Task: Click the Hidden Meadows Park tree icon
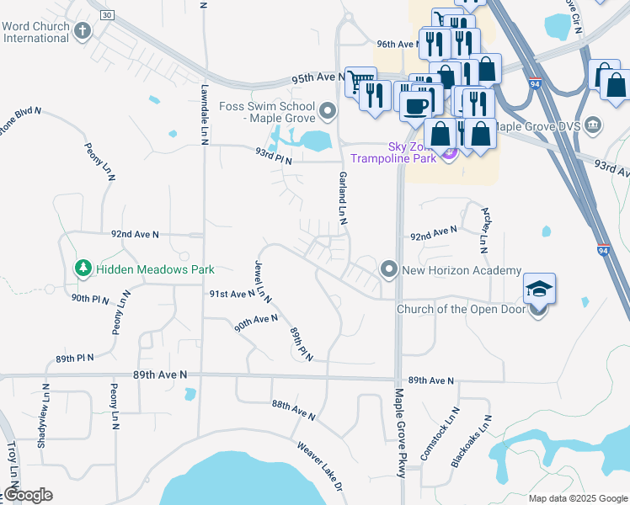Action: click(83, 269)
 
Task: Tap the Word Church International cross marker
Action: click(82, 32)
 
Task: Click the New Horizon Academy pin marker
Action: click(388, 269)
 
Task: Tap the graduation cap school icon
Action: click(539, 290)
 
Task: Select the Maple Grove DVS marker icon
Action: click(593, 125)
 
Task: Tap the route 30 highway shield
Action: click(106, 15)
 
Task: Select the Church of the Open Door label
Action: click(461, 308)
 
